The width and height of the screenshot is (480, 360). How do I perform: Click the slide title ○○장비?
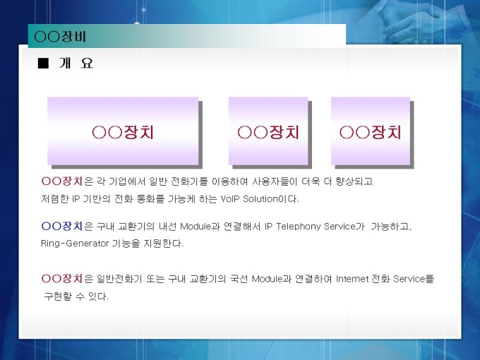[60, 37]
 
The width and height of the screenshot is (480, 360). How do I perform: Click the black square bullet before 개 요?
[43, 64]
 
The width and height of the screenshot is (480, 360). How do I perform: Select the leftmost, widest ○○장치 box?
[123, 131]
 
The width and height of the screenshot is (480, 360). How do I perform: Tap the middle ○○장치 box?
[268, 131]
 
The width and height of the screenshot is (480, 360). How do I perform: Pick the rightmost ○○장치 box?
[371, 131]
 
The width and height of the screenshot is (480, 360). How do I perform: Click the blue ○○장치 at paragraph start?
[62, 226]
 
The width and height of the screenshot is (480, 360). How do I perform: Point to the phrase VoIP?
[229, 199]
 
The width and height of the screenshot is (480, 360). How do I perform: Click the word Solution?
[260, 199]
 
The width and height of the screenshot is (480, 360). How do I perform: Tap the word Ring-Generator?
[75, 244]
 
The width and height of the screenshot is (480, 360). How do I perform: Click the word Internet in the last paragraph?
[352, 279]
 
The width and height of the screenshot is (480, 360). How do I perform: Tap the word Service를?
[414, 279]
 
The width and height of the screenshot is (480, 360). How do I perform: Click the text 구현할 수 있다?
[76, 296]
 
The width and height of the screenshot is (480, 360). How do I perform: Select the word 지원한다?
[164, 244]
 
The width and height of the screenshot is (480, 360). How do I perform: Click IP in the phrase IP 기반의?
[76, 199]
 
